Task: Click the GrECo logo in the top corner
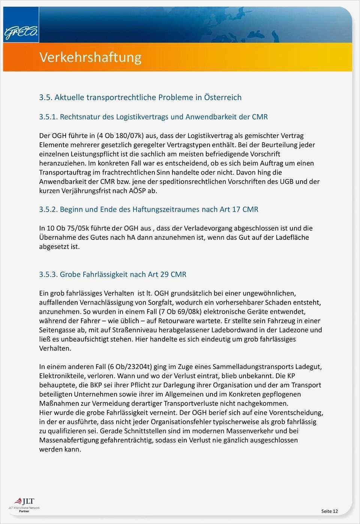pos(21,32)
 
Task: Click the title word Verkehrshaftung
pos(90,57)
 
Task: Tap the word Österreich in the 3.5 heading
pos(222,98)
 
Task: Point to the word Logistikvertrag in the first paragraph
pos(210,136)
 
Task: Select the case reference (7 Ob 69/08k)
pos(180,312)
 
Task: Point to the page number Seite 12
pos(329,511)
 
